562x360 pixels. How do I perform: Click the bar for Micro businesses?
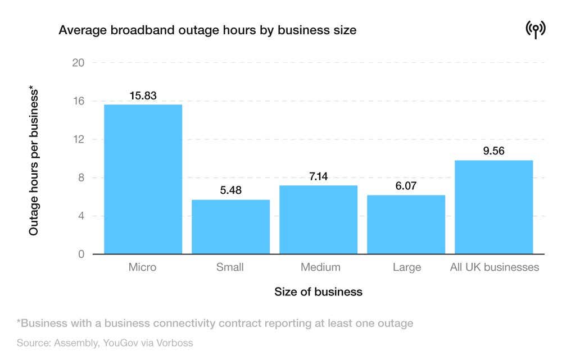pos(143,179)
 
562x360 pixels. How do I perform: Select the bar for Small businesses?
pos(230,227)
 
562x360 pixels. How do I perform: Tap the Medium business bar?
pos(318,220)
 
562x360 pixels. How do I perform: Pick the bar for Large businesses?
pos(406,225)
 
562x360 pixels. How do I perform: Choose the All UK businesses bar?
pos(493,207)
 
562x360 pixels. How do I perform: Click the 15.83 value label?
pos(143,95)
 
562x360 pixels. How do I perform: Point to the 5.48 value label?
pos(230,190)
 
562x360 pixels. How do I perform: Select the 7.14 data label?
pos(318,176)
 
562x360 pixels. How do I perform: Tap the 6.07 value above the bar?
pos(406,186)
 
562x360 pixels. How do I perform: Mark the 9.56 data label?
pos(493,151)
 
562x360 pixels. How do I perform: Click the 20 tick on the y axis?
pos(78,63)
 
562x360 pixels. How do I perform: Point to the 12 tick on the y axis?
pos(78,139)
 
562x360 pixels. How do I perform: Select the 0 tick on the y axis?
pos(81,254)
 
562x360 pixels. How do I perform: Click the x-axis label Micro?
pos(143,267)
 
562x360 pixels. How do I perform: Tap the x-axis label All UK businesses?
pos(495,267)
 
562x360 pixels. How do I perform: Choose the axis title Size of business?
pos(318,292)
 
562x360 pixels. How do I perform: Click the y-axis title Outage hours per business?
pos(34,160)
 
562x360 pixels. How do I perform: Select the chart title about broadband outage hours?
pos(207,30)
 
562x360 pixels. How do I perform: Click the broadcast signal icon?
pos(535,30)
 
